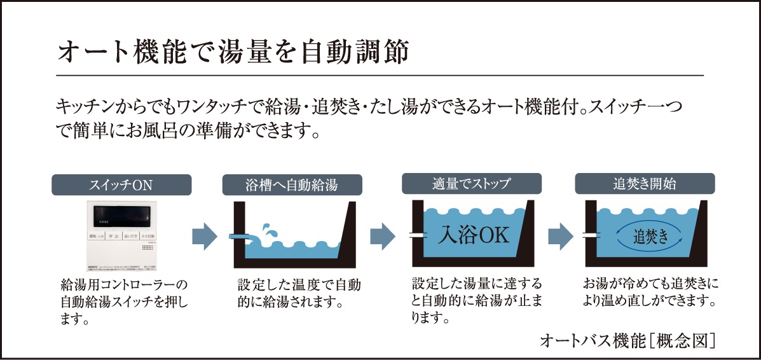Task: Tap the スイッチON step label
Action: (x=121, y=185)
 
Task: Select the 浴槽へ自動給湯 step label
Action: (x=292, y=185)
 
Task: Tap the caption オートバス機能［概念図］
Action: (x=627, y=340)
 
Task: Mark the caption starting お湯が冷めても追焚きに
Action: (x=650, y=291)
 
